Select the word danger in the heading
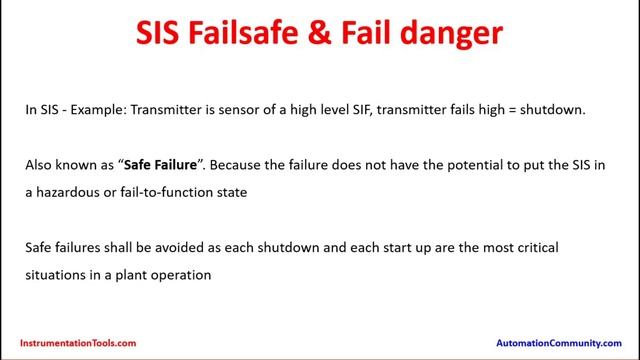[450, 35]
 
